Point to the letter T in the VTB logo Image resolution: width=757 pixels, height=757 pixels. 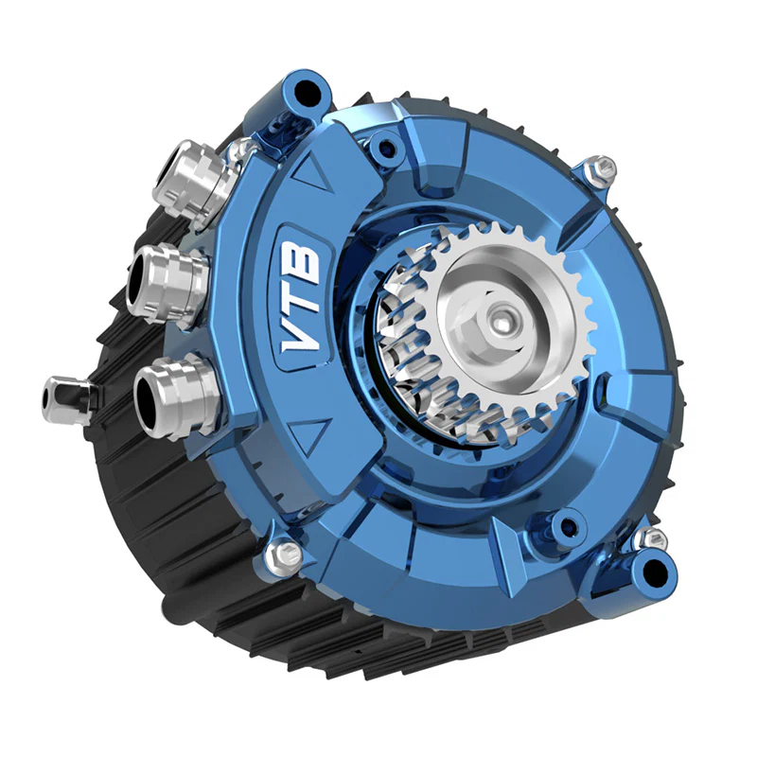pyautogui.click(x=303, y=300)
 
